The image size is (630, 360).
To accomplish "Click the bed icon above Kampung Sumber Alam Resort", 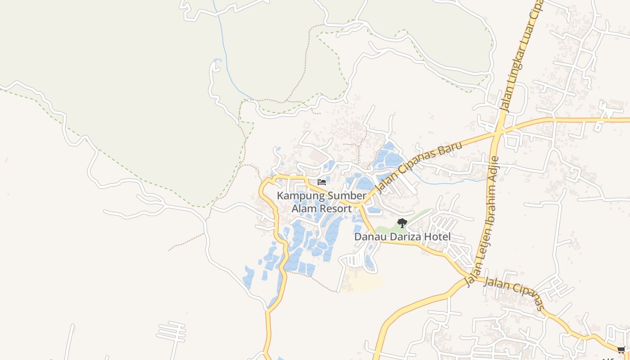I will point(322,182).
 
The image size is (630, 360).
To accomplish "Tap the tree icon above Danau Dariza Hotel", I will point(402,223).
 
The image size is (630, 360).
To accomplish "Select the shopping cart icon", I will point(621,350).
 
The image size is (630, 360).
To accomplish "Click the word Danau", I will point(368,237).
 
